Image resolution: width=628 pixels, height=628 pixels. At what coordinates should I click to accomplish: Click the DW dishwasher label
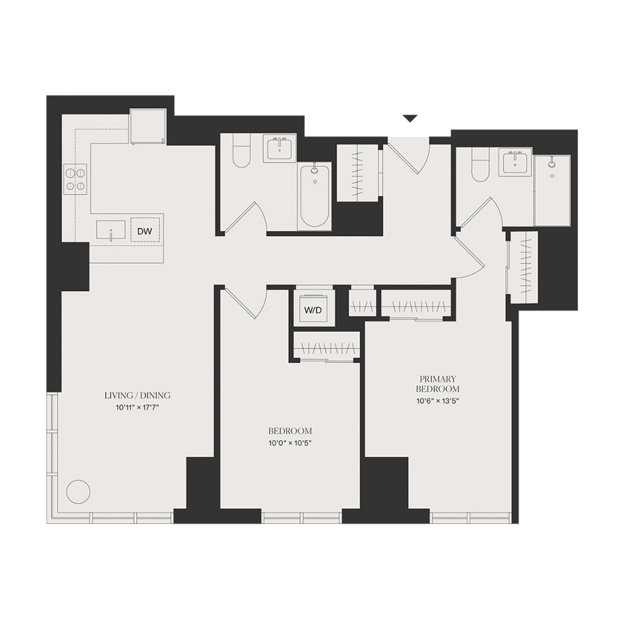click(144, 232)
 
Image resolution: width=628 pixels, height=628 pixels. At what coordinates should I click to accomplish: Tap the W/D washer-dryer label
click(313, 311)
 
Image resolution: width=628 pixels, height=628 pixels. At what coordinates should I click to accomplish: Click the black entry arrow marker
click(410, 119)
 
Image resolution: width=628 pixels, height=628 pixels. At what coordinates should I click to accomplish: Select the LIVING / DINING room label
click(137, 396)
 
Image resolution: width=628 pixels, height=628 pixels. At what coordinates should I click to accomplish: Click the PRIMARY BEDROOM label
click(438, 384)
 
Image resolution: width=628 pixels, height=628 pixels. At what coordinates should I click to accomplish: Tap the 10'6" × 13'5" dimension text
click(438, 401)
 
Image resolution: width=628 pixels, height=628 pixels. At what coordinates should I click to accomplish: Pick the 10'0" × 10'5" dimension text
click(290, 443)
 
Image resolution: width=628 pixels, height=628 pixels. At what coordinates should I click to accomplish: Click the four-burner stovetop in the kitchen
click(75, 179)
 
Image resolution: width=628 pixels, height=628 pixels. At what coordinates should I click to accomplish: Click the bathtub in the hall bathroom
click(315, 196)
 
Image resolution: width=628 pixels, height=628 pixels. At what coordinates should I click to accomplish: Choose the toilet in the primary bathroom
click(480, 165)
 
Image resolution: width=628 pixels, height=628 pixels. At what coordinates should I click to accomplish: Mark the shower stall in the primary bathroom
click(552, 190)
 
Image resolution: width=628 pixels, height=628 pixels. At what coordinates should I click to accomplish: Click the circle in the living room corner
click(78, 492)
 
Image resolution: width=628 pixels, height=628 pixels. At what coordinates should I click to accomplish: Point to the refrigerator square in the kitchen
click(148, 126)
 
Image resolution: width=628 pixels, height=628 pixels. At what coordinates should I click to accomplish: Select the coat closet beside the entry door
click(358, 172)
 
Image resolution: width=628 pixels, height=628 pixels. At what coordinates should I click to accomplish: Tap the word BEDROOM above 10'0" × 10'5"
click(290, 431)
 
